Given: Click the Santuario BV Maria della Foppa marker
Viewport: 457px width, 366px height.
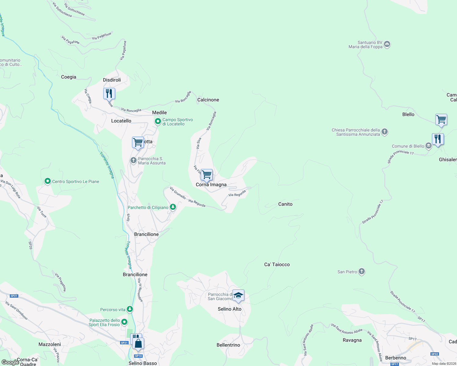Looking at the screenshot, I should point(387,45).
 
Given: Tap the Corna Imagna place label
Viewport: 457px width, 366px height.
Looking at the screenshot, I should point(211,185).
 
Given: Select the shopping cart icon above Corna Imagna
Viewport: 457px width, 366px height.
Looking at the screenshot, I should point(207,175).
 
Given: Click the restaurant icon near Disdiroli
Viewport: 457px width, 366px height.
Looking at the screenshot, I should point(109,94).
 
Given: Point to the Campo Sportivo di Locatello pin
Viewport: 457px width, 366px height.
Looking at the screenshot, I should point(158,122).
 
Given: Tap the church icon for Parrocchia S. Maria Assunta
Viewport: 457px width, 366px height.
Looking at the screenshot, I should point(133,160).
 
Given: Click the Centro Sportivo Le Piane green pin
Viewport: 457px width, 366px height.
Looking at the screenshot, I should point(47,181).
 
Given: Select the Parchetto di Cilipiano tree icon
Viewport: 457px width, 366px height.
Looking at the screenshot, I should point(173,207).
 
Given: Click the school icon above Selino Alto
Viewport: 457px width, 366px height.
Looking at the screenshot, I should point(238,296).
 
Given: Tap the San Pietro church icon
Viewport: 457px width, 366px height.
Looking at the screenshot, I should point(362,271).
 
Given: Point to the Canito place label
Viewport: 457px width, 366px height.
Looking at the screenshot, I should point(285,204).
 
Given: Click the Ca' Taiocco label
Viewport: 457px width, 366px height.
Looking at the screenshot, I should point(277,264).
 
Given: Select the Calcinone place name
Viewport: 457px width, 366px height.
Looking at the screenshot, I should point(208,100).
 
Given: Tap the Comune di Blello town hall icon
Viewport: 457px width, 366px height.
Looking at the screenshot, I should point(428,146).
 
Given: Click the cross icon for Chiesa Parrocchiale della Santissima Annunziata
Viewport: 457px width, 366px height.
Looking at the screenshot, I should point(385,132).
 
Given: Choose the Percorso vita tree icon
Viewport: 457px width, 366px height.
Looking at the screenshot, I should point(130,309).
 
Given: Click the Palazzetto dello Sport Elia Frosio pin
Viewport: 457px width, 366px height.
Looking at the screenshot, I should point(124,322).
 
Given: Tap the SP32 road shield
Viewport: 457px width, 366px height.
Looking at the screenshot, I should point(434,354).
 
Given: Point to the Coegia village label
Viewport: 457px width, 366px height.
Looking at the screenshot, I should point(68,77).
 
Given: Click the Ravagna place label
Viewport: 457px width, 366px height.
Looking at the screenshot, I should point(352,340).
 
